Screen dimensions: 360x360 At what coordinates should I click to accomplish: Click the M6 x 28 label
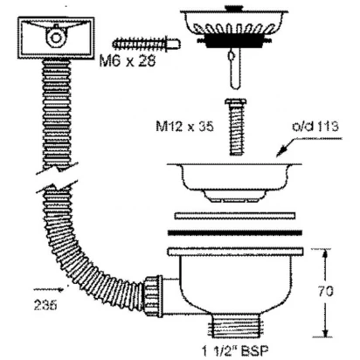tap(128, 61)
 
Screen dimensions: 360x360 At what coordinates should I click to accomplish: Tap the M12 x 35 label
tap(184, 127)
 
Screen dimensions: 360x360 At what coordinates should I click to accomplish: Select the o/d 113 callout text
tap(315, 127)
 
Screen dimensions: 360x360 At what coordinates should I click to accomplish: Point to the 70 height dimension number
tap(326, 291)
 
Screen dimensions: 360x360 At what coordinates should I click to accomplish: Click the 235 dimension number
tap(45, 305)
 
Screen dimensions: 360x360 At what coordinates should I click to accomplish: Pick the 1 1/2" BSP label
tap(235, 350)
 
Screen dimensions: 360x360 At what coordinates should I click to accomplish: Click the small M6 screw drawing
tap(146, 45)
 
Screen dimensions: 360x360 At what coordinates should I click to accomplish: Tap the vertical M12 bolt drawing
tap(236, 127)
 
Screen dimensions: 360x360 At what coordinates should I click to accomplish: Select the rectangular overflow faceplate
tap(56, 38)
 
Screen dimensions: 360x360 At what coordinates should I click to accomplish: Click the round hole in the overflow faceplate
tap(55, 38)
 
